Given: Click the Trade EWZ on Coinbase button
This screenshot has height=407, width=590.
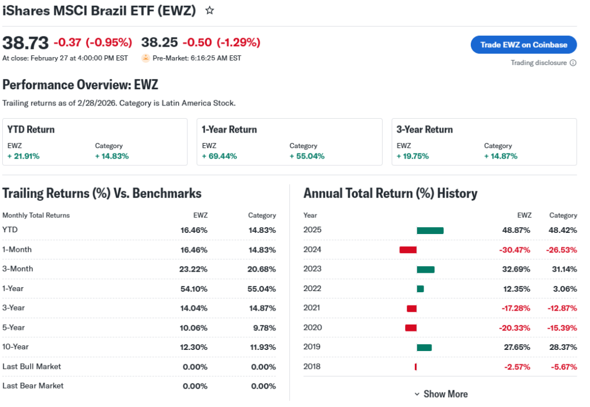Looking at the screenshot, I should click(524, 44).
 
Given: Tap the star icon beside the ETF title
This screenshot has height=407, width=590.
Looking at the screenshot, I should click(210, 10).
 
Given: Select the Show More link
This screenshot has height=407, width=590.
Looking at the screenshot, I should click(441, 394).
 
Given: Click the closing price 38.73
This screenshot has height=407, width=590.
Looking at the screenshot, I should click(25, 43).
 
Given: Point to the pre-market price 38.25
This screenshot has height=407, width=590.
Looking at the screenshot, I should click(159, 43).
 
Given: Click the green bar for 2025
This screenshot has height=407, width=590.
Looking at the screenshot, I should click(430, 231).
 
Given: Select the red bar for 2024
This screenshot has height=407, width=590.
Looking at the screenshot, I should click(408, 250).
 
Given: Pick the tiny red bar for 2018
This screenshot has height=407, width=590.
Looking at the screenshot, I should click(415, 367).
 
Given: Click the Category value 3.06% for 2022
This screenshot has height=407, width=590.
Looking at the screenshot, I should click(563, 289).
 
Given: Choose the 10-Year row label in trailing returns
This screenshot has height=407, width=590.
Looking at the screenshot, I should click(16, 347).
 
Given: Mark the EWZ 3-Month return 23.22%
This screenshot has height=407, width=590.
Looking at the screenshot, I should click(193, 269).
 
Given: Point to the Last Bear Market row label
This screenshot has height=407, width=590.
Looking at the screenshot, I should click(33, 386).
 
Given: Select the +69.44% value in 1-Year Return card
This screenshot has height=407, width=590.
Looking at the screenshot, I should click(220, 156).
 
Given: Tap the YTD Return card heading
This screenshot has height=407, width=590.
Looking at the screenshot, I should click(31, 130).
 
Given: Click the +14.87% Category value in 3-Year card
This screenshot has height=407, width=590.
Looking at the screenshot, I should click(501, 156).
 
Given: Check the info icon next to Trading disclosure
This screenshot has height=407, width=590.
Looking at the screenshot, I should click(573, 63).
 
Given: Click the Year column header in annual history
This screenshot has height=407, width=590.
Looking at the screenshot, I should click(310, 216).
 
